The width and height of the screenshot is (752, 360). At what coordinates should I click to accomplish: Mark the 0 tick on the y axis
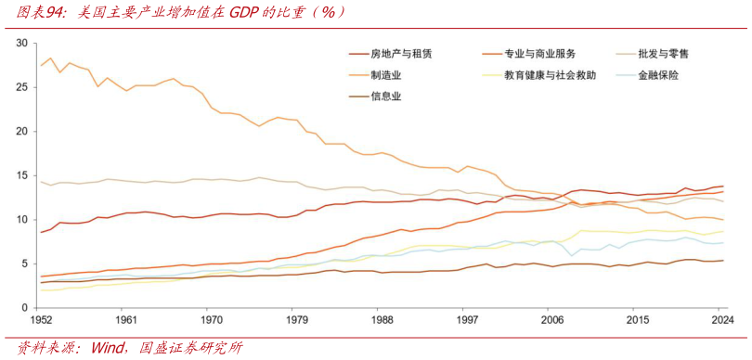click(28, 307)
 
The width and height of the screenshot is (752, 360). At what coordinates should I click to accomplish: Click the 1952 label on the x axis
click(41, 320)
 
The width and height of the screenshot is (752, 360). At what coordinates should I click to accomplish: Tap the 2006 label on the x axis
click(553, 320)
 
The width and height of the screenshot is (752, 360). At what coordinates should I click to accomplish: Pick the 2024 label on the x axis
click(721, 320)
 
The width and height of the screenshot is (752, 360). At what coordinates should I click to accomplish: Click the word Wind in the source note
click(107, 349)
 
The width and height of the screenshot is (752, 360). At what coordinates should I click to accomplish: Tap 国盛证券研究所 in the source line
click(191, 349)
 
